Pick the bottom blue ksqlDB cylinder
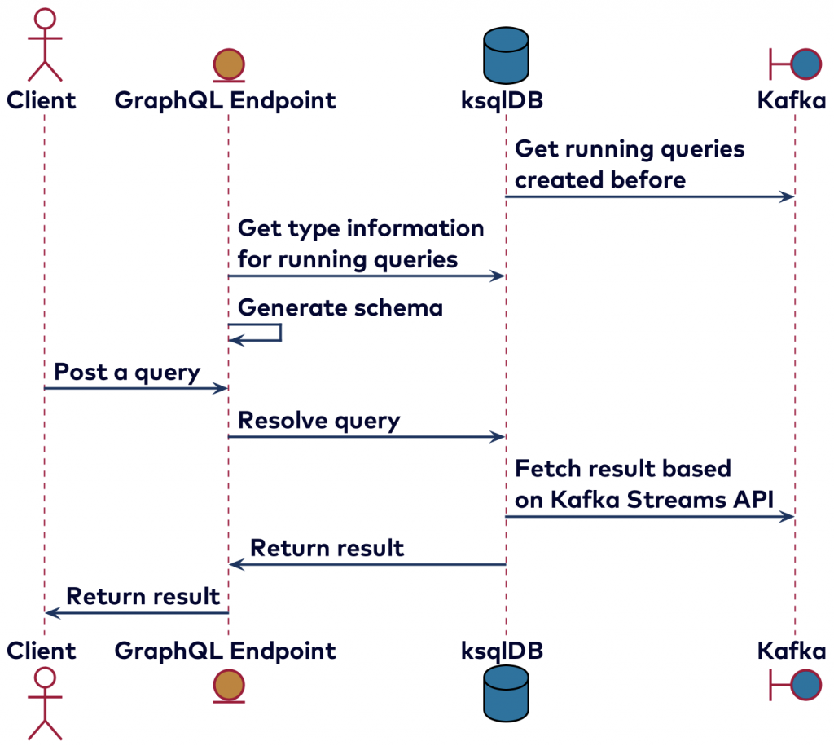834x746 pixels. pos(505,693)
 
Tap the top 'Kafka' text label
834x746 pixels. pos(791,100)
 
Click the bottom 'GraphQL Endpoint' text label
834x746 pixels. pos(225,651)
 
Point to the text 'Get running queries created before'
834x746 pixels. pos(630,164)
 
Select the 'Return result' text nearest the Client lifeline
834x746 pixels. pos(143,596)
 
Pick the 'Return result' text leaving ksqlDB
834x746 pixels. pos(327,548)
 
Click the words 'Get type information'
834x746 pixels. pos(361,228)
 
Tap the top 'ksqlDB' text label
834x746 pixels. pos(502,100)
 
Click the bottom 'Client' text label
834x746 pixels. pos(42,651)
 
